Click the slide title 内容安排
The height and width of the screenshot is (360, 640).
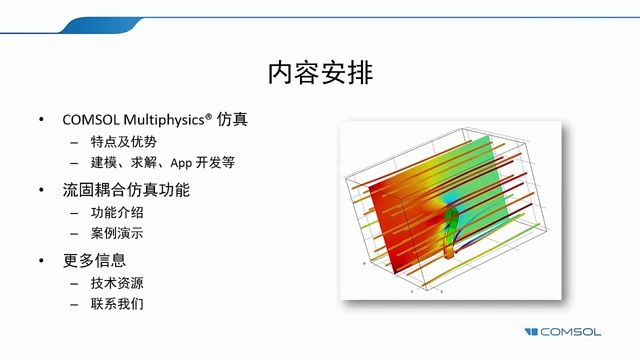click(x=320, y=73)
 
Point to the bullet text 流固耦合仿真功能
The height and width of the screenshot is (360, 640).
click(x=125, y=190)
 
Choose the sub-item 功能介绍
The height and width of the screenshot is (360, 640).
click(x=117, y=212)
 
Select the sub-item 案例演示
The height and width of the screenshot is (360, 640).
click(x=117, y=233)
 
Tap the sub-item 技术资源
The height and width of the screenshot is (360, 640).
click(x=117, y=282)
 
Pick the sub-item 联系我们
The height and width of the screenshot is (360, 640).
click(x=117, y=303)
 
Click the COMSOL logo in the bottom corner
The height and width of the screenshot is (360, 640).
click(x=574, y=331)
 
